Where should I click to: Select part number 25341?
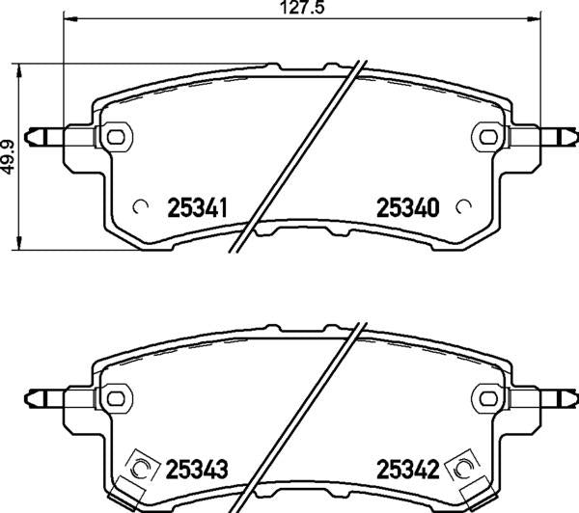[x=198, y=206]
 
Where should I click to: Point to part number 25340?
[x=405, y=206]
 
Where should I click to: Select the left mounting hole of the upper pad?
[x=118, y=134]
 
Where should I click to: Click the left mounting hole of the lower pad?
[x=118, y=396]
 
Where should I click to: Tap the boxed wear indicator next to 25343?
[x=141, y=469]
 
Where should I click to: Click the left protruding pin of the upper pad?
[x=43, y=134]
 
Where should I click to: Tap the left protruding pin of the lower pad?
[x=43, y=396]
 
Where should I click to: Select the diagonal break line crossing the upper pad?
[x=299, y=154]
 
